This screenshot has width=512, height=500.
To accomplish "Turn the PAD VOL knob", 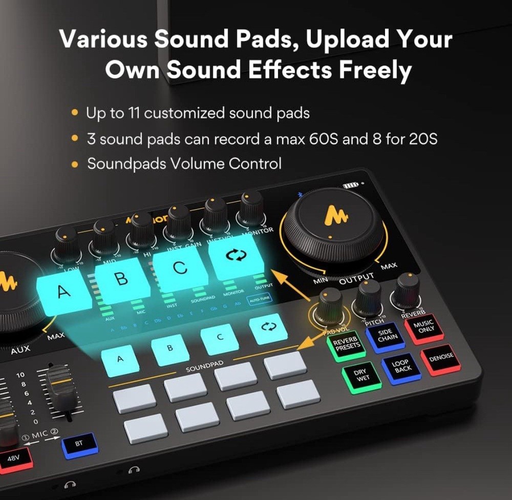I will pyautogui.click(x=329, y=304).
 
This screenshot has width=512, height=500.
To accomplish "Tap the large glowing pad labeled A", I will pyautogui.click(x=64, y=292).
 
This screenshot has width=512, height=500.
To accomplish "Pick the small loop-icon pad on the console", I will pyautogui.click(x=268, y=327).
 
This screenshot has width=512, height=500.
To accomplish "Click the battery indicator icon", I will pyautogui.click(x=351, y=185).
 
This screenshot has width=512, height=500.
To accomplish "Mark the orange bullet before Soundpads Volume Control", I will pyautogui.click(x=76, y=164).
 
